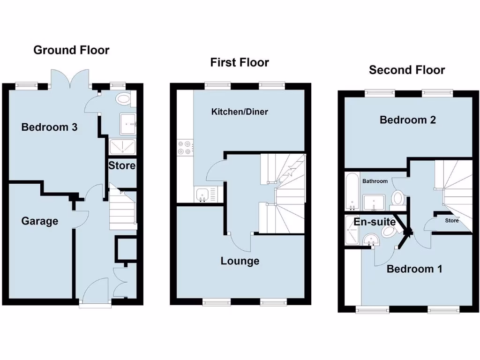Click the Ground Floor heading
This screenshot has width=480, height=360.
point(71,50)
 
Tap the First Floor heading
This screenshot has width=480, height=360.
point(240,62)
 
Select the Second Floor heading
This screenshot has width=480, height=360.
point(407,70)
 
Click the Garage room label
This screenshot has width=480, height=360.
point(40,221)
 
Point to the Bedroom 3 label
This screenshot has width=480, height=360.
point(49,127)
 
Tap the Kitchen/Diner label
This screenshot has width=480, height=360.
point(240,112)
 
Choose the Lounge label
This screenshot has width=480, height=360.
point(240,261)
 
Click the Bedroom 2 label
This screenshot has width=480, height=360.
point(408,120)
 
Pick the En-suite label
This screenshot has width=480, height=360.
point(375,222)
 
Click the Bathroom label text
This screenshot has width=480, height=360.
point(375,181)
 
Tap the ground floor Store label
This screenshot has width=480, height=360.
point(122,165)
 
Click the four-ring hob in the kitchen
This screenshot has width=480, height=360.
point(185,148)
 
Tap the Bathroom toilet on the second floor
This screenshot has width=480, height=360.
point(398,198)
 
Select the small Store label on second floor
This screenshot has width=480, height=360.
point(452,220)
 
